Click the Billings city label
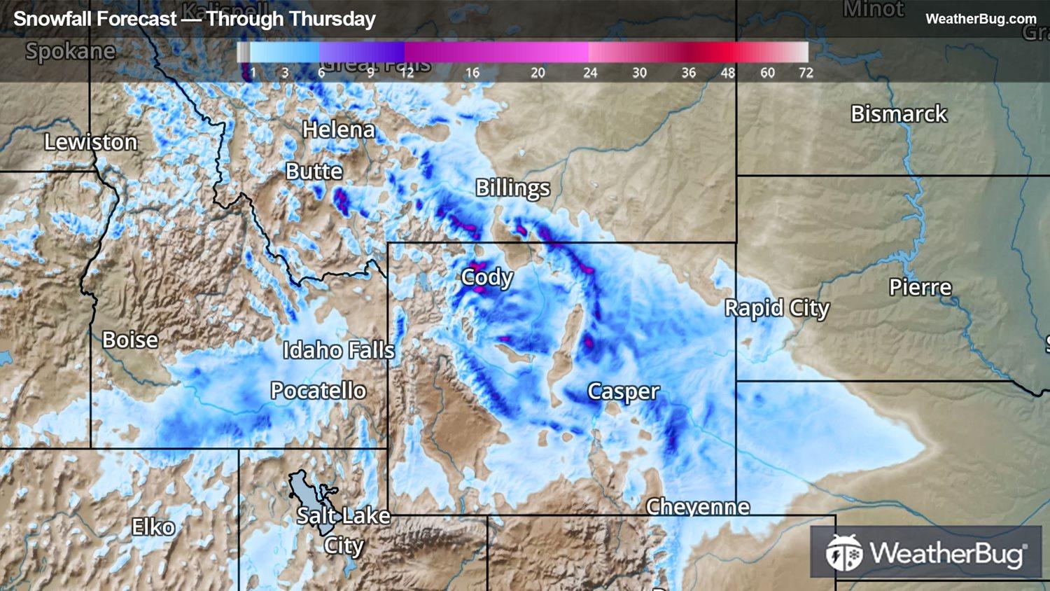pos(512,188)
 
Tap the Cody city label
pos(486,278)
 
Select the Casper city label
pos(623,391)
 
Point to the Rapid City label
pos(776,308)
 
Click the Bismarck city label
pos(898,114)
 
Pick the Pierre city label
pos(920,288)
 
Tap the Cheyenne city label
pos(697,506)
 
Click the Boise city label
pos(130,340)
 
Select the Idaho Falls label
pos(338,350)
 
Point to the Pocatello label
pos(318,391)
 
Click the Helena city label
pos(338,130)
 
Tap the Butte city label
pos(314,172)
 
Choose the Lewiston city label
pos(90,142)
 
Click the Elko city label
pos(153,527)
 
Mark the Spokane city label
pos(70,51)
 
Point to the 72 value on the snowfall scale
pos(806,73)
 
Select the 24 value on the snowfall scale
pos(590,73)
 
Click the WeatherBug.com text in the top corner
pos(980,19)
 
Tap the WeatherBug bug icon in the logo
pos(843,553)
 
